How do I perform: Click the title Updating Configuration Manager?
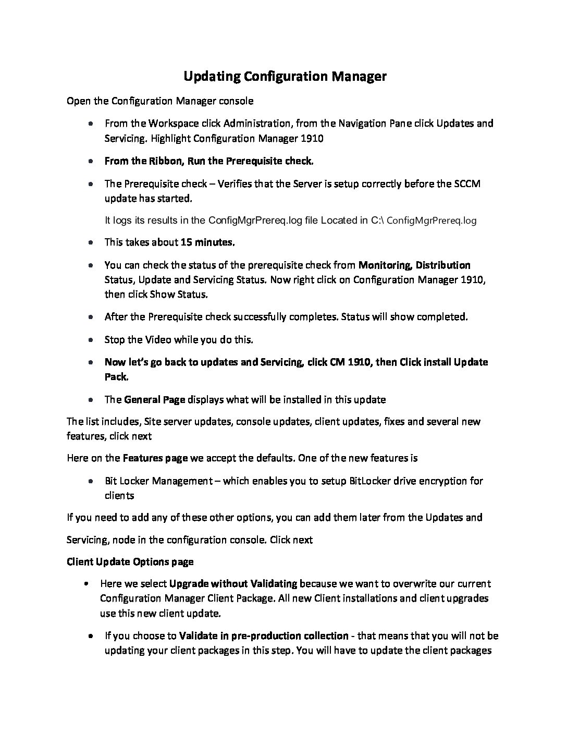[x=285, y=77]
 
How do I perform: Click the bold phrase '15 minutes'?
[x=207, y=242]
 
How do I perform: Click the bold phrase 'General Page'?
[x=154, y=400]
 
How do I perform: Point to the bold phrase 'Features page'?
[x=155, y=458]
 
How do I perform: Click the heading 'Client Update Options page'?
[x=130, y=562]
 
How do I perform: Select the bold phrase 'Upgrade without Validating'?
[x=233, y=584]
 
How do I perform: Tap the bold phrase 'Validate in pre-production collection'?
[x=263, y=636]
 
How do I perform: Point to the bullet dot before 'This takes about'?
[x=91, y=243]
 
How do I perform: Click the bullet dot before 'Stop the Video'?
[x=91, y=340]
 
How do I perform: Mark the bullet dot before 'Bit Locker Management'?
[x=91, y=481]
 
